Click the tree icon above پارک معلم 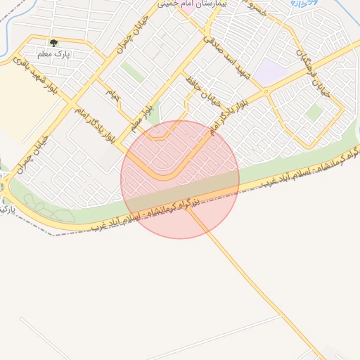pyautogui.click(x=53, y=43)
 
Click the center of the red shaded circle pyautogui.click(x=180, y=179)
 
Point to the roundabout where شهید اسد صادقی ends pyautogui.click(x=265, y=91)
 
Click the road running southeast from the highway pyautogui.click(x=260, y=288)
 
